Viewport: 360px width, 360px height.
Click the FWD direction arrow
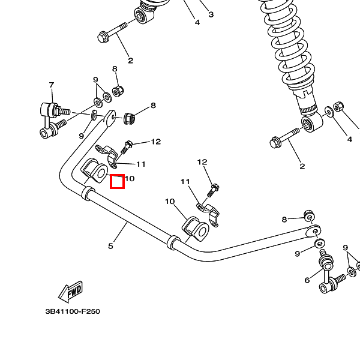tap(70, 292)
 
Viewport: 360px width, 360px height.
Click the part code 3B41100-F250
tap(73, 311)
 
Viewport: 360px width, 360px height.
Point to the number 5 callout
tap(111, 245)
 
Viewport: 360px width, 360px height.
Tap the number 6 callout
tap(307, 280)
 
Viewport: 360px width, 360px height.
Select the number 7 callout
tap(52, 85)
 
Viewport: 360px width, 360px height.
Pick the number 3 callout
tap(211, 14)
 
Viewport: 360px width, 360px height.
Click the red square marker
tap(118, 181)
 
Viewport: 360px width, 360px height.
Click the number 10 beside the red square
tap(130, 178)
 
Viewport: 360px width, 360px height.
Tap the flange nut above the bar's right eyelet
tap(307, 215)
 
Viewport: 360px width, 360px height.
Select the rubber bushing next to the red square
tap(95, 170)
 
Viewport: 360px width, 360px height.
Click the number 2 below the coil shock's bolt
tap(302, 166)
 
